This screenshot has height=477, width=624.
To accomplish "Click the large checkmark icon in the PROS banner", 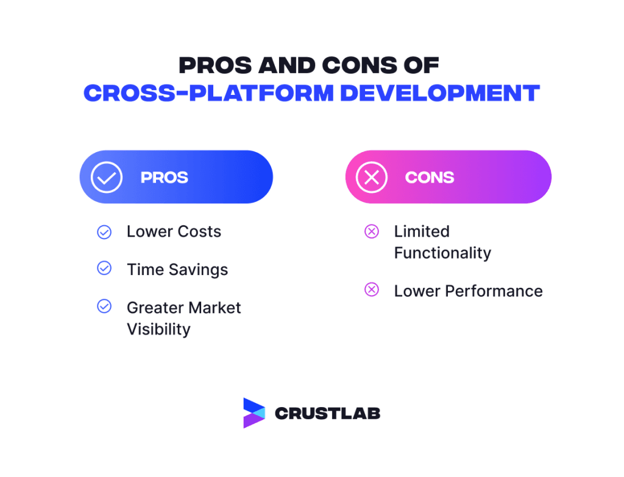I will (107, 177).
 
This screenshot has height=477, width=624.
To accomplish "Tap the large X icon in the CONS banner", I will (371, 177).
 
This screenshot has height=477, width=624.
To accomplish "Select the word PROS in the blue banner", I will (165, 178).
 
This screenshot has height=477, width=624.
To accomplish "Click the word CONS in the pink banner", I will (430, 178).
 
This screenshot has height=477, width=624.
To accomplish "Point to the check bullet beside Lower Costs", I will (104, 232).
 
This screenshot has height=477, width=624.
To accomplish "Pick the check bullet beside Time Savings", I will (104, 268).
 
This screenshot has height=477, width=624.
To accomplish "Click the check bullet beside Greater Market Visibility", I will (104, 307).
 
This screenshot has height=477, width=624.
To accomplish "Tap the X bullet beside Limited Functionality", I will (371, 231).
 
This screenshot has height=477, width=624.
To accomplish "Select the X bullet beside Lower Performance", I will (371, 290).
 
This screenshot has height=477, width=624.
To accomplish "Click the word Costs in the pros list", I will (199, 232).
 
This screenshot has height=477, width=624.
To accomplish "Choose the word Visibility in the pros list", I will (158, 329).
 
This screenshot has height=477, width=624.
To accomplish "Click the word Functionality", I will (442, 253).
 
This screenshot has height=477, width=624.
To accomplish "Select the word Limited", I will (422, 232).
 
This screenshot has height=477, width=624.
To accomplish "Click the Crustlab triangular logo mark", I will (253, 413).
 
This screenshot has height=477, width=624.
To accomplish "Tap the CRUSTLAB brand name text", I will (327, 414).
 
